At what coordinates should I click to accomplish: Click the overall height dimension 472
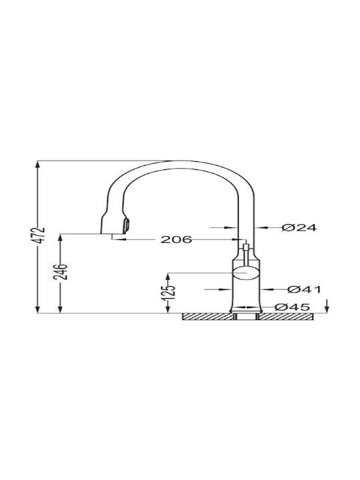point(40,235)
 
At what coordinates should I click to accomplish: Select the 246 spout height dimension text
point(60,271)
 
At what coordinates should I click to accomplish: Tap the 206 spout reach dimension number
point(176,239)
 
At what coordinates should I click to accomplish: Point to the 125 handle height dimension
point(171,293)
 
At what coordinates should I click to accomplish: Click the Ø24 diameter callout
point(299,228)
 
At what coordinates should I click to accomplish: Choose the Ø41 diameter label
point(304,289)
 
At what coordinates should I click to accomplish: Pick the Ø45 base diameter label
point(293,307)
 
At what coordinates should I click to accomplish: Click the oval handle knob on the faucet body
point(246,272)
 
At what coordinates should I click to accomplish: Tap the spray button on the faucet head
point(126,226)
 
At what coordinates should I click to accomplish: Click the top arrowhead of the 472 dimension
point(37,165)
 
